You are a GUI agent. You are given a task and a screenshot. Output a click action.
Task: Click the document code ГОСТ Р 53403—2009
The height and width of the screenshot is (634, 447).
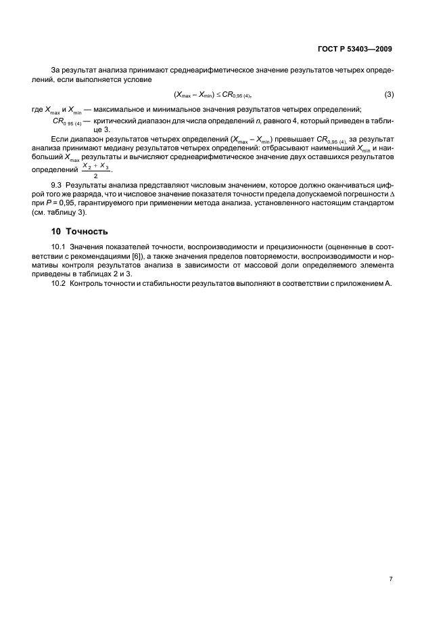tap(356, 49)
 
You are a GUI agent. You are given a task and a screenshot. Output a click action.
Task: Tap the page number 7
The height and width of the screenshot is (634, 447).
tap(391, 579)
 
